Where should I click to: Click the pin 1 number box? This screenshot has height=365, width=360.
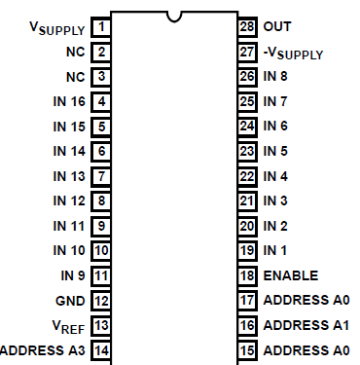click(x=102, y=26)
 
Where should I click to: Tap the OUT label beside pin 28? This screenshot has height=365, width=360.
click(x=276, y=26)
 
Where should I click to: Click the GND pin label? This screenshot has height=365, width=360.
click(x=71, y=301)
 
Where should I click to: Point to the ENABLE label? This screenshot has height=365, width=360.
click(x=291, y=275)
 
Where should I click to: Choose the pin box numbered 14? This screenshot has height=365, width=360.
click(x=102, y=350)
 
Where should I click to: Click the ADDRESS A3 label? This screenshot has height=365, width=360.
click(x=42, y=350)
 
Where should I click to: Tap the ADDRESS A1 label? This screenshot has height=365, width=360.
click(x=306, y=325)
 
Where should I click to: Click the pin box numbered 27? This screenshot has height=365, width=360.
click(x=247, y=52)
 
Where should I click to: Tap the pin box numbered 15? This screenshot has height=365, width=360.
click(x=247, y=350)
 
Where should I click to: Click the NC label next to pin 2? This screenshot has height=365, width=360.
click(x=75, y=52)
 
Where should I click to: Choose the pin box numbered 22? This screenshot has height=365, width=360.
click(x=247, y=176)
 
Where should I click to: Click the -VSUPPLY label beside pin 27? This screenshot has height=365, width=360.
click(x=294, y=53)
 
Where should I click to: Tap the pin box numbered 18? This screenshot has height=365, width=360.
click(x=247, y=275)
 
